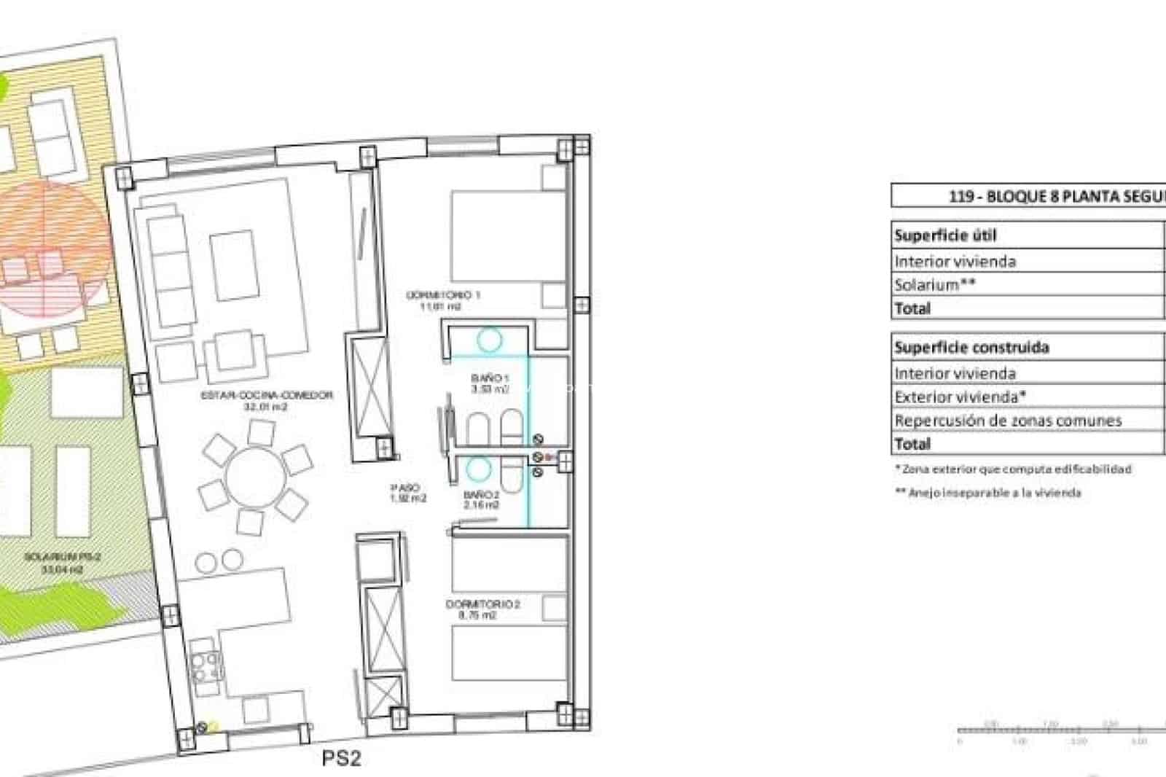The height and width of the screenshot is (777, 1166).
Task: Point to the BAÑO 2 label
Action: coord(481,495)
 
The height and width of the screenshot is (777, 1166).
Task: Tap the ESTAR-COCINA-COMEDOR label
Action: coord(267,395)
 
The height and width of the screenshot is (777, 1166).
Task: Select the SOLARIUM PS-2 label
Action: coord(62,557)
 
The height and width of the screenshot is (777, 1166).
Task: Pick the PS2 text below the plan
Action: coord(341,759)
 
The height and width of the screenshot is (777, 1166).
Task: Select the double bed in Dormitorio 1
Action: coord(503,233)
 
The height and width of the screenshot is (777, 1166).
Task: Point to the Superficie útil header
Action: coord(944,235)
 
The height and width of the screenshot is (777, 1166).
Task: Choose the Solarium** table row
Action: coord(935,285)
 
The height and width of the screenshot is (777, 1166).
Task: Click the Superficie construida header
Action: coord(971,348)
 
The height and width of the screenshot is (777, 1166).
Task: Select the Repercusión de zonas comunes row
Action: coord(1008,421)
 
